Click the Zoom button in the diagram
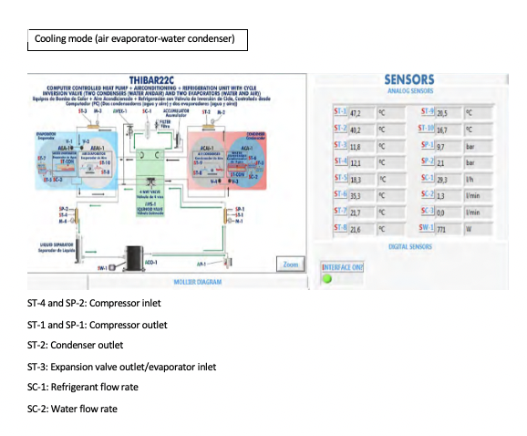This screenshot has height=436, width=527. click(290, 264)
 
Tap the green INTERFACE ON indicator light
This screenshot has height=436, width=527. click(326, 278)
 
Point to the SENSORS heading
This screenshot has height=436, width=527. click(408, 80)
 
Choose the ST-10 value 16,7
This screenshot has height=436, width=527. click(447, 130)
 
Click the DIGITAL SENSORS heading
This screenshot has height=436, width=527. click(409, 246)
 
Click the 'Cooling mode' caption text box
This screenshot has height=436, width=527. click(137, 40)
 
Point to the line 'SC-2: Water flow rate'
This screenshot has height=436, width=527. click(73, 408)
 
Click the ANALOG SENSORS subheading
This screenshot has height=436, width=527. click(408, 92)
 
